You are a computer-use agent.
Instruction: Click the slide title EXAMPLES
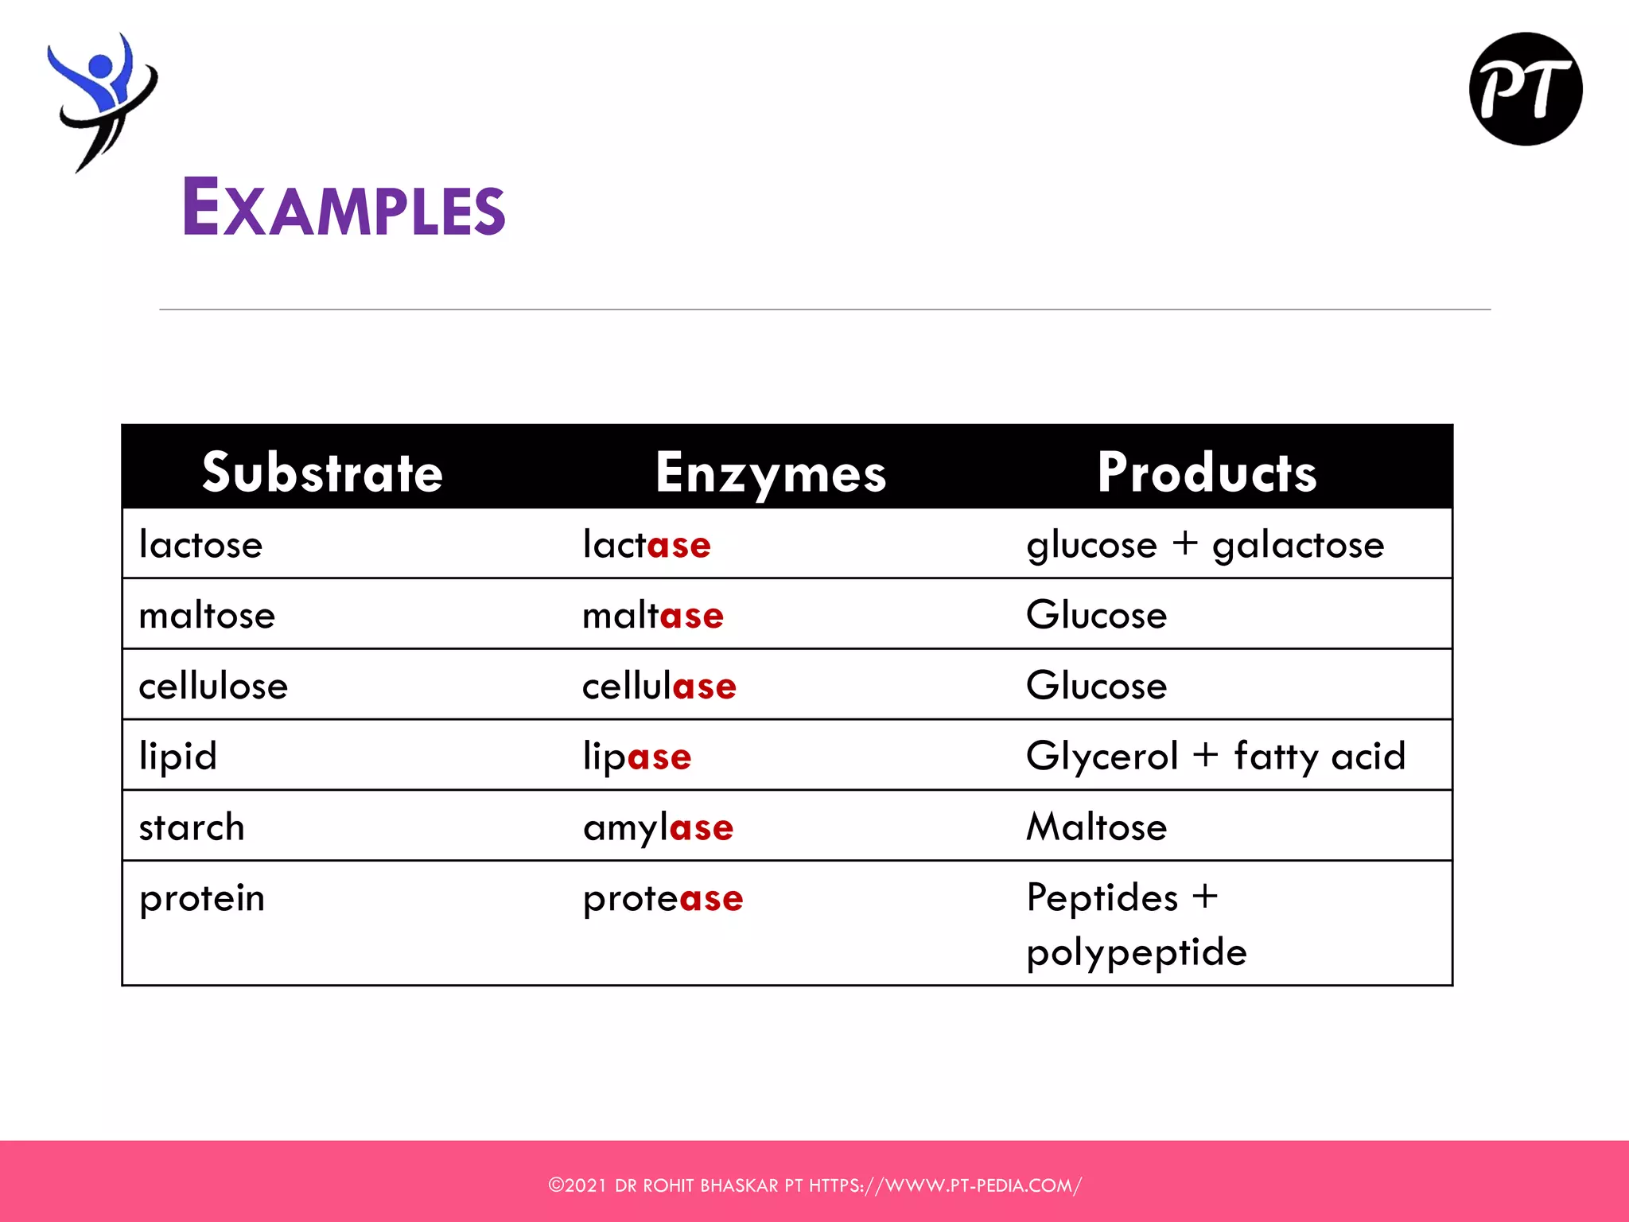click(344, 207)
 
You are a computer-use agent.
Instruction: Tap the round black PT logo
click(1525, 89)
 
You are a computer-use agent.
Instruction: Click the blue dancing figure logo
click(102, 99)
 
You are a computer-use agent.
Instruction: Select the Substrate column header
click(322, 473)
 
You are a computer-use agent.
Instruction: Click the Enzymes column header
click(770, 473)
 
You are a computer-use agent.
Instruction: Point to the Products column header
click(1207, 473)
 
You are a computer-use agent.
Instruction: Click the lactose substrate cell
click(200, 545)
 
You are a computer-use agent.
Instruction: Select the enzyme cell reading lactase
click(647, 545)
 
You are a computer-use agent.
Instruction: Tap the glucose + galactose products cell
click(1205, 545)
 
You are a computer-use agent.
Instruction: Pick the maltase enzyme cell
click(653, 616)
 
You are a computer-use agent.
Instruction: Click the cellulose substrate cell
click(213, 686)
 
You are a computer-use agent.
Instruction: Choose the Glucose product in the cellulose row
click(1096, 686)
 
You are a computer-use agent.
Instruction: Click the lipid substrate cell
click(178, 756)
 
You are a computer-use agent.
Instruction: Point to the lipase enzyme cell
click(637, 756)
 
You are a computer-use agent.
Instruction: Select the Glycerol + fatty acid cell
click(1215, 756)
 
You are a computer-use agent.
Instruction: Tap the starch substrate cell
click(192, 827)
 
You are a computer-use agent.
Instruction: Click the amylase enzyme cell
click(658, 827)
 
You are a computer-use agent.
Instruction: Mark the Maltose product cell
click(1096, 827)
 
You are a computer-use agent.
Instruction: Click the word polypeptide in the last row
click(1137, 952)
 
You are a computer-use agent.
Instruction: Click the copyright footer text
click(814, 1185)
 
